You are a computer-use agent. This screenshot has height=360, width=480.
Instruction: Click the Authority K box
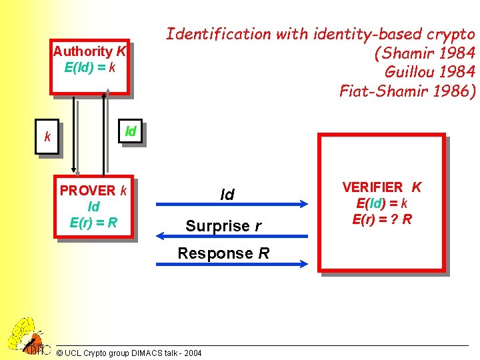click(x=90, y=67)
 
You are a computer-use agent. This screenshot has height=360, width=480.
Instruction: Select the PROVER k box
click(x=94, y=207)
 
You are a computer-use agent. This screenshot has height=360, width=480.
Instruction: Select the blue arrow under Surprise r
click(x=231, y=235)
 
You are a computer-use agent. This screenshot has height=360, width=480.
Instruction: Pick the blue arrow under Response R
click(x=231, y=264)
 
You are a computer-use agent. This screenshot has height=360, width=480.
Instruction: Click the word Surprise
click(x=217, y=226)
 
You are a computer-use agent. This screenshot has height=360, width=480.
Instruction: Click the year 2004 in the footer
click(x=191, y=352)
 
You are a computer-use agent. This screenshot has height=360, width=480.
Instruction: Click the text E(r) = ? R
click(x=381, y=219)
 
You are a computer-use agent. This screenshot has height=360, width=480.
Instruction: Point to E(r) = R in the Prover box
click(x=93, y=222)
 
